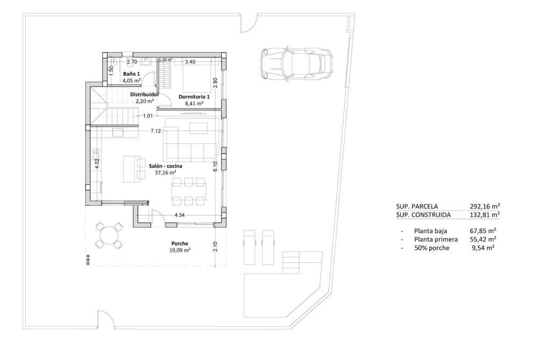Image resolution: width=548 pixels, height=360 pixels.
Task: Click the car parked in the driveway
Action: pyautogui.click(x=295, y=63)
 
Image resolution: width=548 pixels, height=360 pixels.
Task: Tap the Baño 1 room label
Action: pyautogui.click(x=131, y=74)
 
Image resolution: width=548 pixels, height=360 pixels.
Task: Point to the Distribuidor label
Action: pyautogui.click(x=145, y=94)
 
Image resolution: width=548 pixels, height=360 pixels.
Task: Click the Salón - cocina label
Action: pyautogui.click(x=165, y=166)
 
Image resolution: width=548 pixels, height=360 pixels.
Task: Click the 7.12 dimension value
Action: pyautogui.click(x=156, y=131)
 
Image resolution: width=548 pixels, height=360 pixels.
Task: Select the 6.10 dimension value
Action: pyautogui.click(x=215, y=167)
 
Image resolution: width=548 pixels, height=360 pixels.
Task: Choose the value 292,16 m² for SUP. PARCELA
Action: pyautogui.click(x=485, y=206)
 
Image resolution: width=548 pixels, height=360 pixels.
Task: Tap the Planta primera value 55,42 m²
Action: pyautogui.click(x=482, y=239)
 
